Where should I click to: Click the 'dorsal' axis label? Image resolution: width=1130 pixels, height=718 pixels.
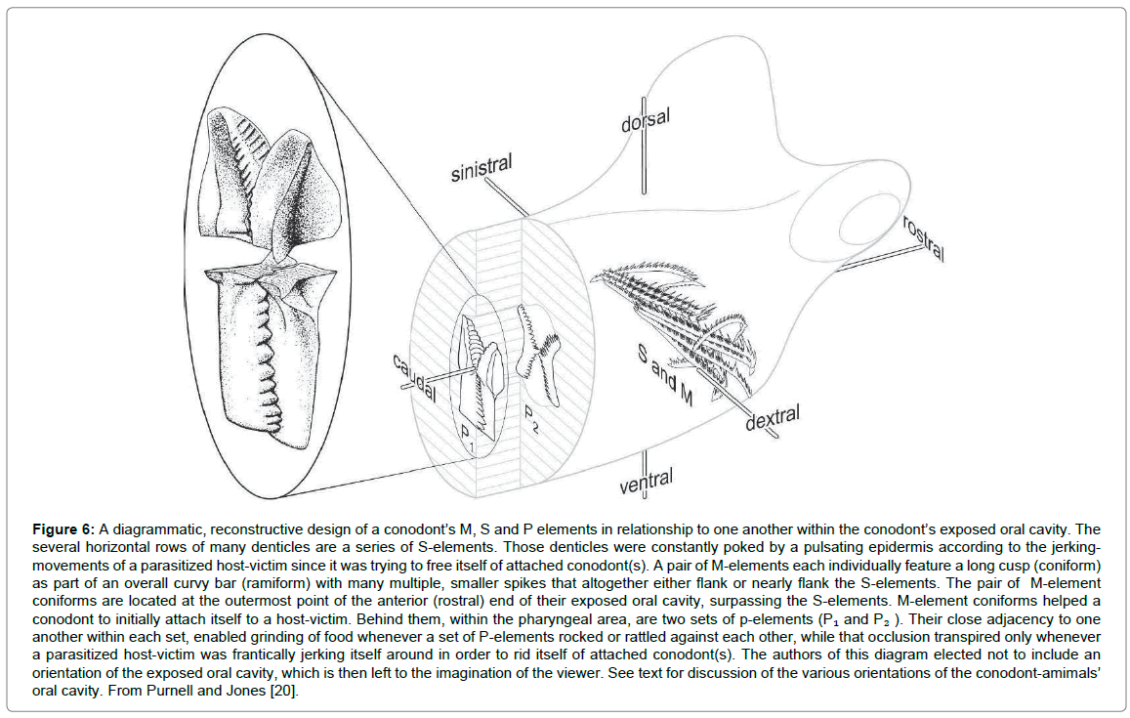pyautogui.click(x=647, y=122)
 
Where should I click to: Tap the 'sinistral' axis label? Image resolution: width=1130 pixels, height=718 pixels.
pyautogui.click(x=481, y=169)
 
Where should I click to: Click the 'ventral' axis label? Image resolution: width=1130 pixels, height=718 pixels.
pyautogui.click(x=646, y=481)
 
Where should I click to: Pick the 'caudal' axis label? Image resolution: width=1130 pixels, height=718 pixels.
pyautogui.click(x=414, y=379)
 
